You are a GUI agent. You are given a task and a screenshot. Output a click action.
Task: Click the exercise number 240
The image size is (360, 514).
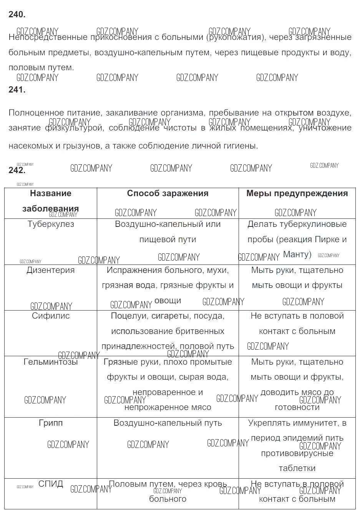tap(17, 15)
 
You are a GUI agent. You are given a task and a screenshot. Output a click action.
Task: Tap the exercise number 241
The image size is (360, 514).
tap(17, 90)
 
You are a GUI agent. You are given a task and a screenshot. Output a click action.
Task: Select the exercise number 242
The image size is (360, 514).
tap(17, 170)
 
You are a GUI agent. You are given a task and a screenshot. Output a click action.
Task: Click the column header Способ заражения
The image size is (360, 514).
tap(168, 193)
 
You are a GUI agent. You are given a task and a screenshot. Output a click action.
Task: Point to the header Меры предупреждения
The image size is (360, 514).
tap(297, 193)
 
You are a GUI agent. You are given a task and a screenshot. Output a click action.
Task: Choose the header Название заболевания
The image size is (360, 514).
tap(51, 201)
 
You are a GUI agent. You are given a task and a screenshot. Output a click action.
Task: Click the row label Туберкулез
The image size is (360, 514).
tap(51, 224)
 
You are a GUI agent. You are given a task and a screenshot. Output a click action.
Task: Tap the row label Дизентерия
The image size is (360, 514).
tap(51, 270)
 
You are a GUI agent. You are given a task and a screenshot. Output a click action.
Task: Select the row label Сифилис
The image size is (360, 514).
tap(51, 316)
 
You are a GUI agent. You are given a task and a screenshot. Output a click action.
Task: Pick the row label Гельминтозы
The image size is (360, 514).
tap(51, 362)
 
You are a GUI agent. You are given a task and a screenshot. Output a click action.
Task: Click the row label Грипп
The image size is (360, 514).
tap(51, 423)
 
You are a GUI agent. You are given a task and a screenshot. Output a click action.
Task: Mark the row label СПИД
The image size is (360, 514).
tap(51, 484)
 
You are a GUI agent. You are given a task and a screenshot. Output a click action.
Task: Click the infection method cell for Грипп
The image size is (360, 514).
tap(168, 423)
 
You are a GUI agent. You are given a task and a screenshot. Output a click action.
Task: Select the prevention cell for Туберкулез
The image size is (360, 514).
tap(297, 239)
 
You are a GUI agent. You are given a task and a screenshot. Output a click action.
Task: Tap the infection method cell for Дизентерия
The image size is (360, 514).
tap(168, 285)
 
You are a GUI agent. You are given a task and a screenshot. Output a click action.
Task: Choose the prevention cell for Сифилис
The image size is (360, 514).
tap(297, 324)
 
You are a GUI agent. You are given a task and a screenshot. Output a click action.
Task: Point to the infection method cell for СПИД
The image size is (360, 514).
tap(168, 491)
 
